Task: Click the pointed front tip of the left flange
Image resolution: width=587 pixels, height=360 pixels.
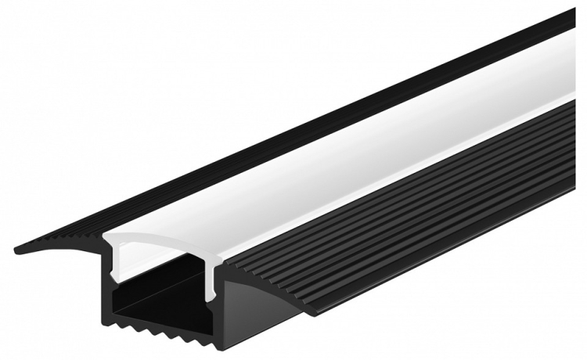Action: pyautogui.click(x=17, y=250)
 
